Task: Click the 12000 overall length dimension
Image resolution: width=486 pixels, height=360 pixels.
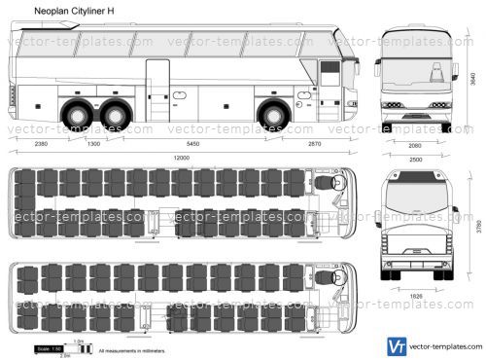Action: (180, 157)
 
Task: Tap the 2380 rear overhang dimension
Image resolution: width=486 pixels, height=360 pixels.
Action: (39, 143)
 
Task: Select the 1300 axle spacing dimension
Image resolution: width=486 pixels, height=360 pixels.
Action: (93, 143)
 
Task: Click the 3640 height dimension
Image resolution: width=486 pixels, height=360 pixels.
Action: (473, 84)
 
